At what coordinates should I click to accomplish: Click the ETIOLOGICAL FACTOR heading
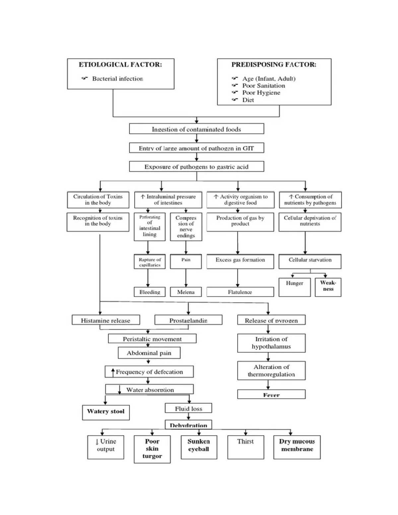120,65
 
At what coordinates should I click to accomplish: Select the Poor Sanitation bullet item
263,86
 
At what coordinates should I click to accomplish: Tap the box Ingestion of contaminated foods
196,129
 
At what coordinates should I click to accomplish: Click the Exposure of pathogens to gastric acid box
196,166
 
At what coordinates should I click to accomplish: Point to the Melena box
186,292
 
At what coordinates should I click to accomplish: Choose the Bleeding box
150,292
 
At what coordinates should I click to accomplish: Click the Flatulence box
240,292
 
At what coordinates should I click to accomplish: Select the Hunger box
295,287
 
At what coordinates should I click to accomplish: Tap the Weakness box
328,287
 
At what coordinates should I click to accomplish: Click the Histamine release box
105,320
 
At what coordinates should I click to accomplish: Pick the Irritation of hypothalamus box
271,343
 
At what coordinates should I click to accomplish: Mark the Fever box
271,395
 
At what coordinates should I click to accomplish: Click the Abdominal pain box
149,353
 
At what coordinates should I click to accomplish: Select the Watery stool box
106,412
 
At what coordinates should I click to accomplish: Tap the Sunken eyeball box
199,447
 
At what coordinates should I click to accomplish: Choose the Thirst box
245,447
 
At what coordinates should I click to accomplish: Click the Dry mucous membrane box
297,447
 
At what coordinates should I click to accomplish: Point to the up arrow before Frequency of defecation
113,371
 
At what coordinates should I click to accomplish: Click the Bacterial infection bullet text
117,79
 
